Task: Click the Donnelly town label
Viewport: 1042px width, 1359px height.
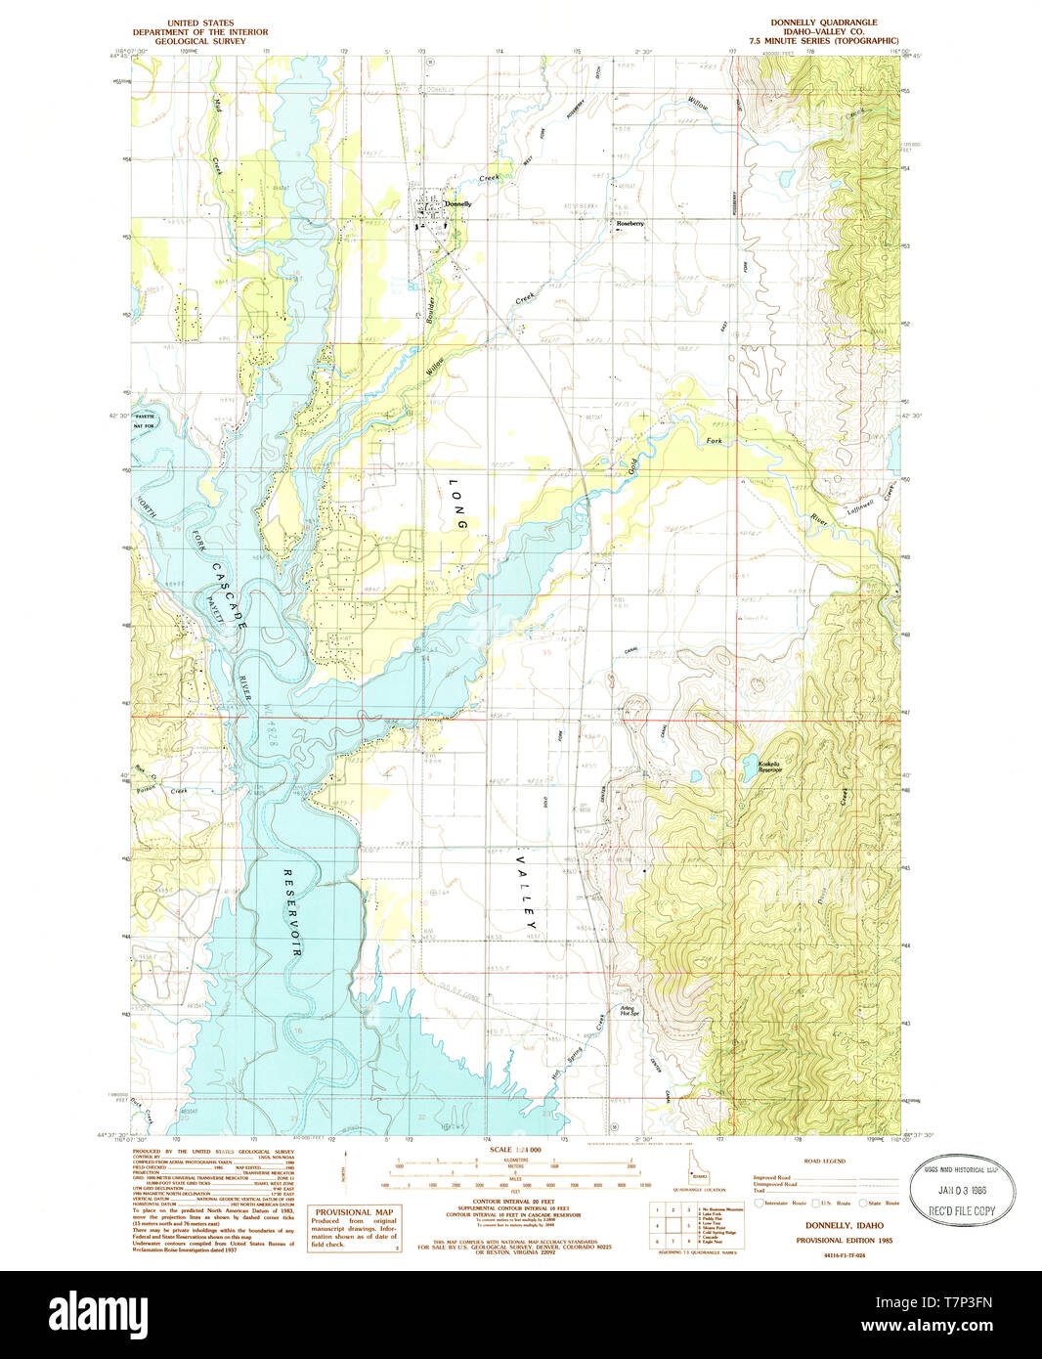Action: pos(457,204)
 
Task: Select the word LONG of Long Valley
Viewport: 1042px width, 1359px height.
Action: pos(456,504)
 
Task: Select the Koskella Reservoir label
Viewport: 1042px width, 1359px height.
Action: pos(770,767)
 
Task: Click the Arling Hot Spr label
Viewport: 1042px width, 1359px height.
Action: pos(628,1011)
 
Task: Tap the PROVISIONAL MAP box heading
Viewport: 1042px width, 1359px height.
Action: pos(354,1211)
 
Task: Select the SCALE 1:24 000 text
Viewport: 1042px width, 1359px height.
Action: pos(514,1151)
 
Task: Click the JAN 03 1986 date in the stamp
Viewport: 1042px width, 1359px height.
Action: pos(963,1190)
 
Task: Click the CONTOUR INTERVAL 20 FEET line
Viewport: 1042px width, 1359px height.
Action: pos(514,1203)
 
